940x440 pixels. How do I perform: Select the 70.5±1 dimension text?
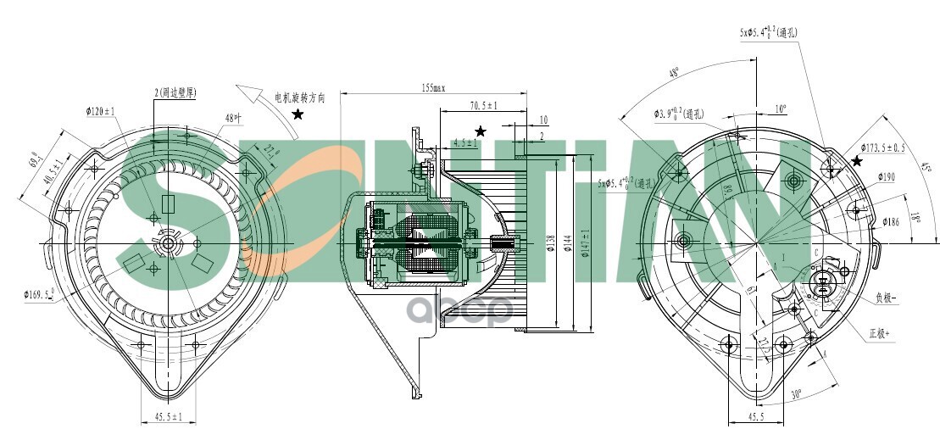click(483, 106)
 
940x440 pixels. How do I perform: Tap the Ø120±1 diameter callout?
click(101, 111)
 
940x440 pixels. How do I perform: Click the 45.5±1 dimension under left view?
click(169, 415)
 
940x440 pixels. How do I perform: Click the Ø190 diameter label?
click(885, 176)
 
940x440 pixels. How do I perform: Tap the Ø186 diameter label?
click(890, 221)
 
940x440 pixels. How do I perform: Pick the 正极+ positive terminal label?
click(881, 333)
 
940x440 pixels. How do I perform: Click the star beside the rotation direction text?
click(298, 114)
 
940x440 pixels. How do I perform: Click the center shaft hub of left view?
click(166, 244)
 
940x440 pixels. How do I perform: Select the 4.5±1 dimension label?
click(463, 143)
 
